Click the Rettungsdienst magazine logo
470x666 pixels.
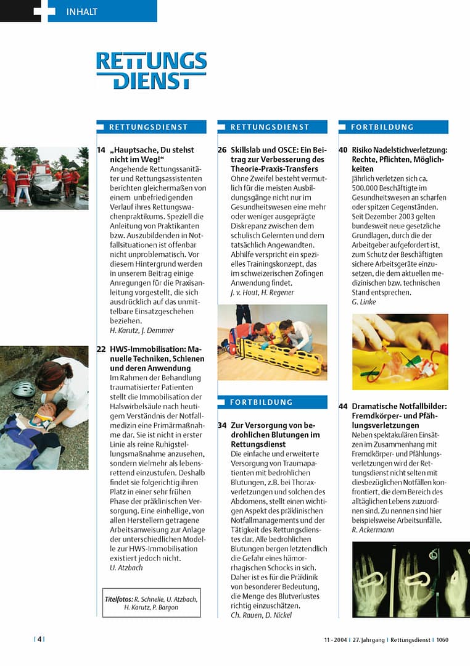(151, 71)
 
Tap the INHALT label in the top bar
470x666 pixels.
(81, 12)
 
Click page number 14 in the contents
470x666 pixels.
(101, 150)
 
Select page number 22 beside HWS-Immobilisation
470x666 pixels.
(101, 349)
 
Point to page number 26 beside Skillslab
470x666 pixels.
(222, 150)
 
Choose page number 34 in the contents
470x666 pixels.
(222, 426)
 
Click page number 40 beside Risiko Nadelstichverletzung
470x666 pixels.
(344, 150)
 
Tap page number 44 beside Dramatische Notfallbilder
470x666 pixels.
(344, 406)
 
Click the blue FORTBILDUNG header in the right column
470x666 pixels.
(393, 127)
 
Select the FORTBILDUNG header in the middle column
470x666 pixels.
(272, 402)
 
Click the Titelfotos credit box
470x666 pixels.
(151, 602)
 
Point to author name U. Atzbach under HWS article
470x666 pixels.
(126, 567)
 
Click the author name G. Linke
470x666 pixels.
(363, 302)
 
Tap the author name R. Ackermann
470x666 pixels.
(373, 530)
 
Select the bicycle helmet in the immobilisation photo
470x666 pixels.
(23, 389)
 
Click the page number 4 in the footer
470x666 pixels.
(39, 639)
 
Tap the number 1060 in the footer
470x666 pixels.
(442, 639)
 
